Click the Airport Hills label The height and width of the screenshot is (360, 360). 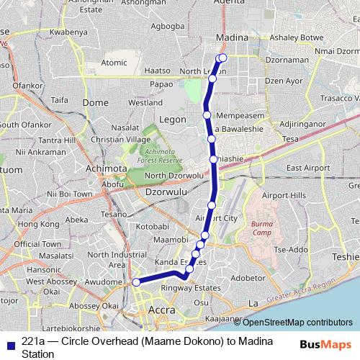pyautogui.click(x=284, y=195)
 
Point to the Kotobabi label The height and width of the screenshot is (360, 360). pyautogui.click(x=151, y=227)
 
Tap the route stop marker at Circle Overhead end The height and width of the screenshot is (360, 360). pyautogui.click(x=136, y=282)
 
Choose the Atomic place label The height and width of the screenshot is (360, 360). pyautogui.click(x=114, y=63)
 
